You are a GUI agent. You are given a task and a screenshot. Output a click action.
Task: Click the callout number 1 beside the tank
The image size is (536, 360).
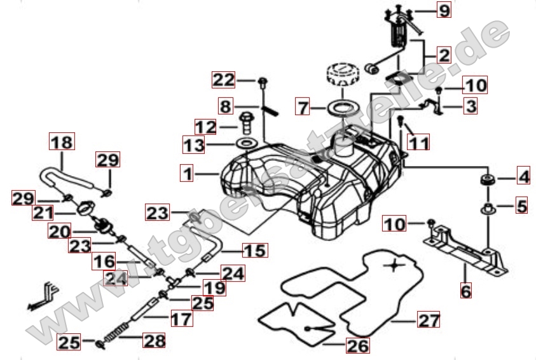pos(186,173)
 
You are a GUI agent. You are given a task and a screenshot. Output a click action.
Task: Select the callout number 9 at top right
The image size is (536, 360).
pos(443,10)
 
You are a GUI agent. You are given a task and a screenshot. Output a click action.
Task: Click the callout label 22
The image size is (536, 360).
pos(224,80)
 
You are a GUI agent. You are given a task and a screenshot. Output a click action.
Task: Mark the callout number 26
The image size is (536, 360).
pos(357,347)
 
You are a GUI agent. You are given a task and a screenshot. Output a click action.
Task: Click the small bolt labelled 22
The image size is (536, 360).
pos(262,81)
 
